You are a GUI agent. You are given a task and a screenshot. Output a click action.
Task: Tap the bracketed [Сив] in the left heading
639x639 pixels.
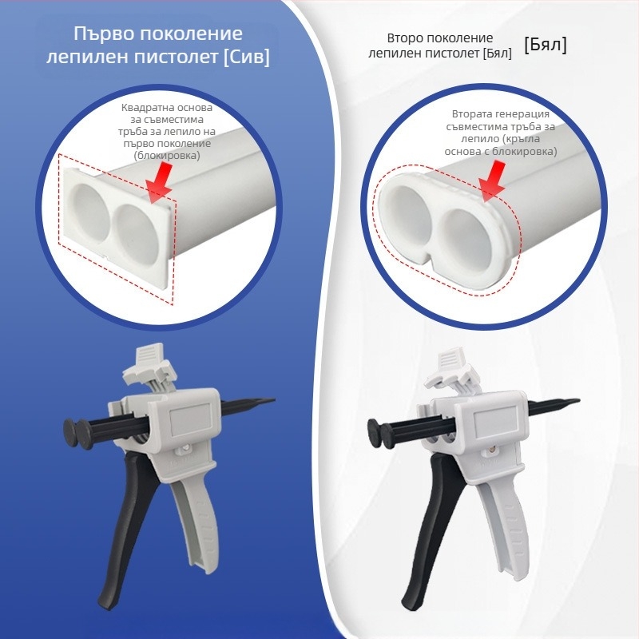click(x=247, y=57)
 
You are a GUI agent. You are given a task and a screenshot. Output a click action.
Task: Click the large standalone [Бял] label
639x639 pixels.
click(x=546, y=45)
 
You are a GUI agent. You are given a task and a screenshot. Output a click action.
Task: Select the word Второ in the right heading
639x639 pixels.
click(x=407, y=38)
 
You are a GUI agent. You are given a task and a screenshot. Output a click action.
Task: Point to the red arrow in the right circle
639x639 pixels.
click(x=491, y=182)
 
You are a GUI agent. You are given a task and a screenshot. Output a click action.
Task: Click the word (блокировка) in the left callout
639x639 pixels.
click(x=167, y=155)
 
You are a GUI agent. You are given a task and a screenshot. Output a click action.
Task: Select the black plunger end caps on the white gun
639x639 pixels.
click(x=381, y=433)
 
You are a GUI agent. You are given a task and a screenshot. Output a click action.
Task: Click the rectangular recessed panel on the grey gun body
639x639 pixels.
click(x=190, y=419)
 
